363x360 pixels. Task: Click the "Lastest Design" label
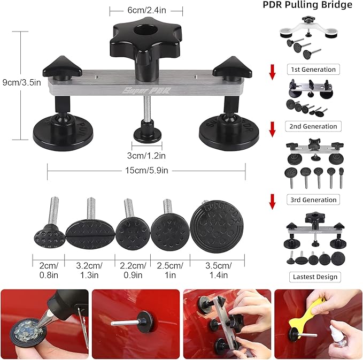coord(314,277)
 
